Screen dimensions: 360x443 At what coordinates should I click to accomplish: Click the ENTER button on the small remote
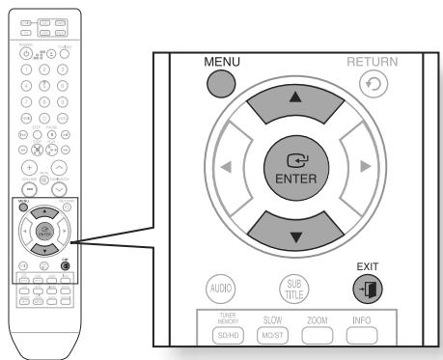pyautogui.click(x=43, y=233)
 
